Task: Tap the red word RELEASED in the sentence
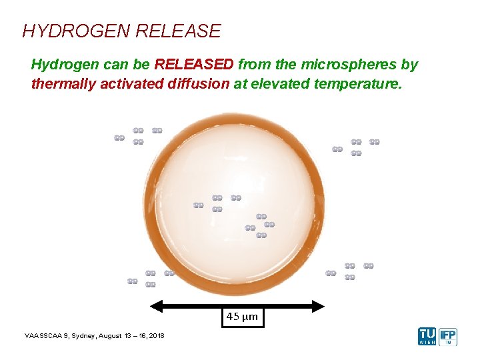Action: point(194,65)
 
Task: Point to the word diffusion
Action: point(198,85)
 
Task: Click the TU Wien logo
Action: point(427,336)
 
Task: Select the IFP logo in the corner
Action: point(448,336)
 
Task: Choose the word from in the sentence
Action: point(253,65)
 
